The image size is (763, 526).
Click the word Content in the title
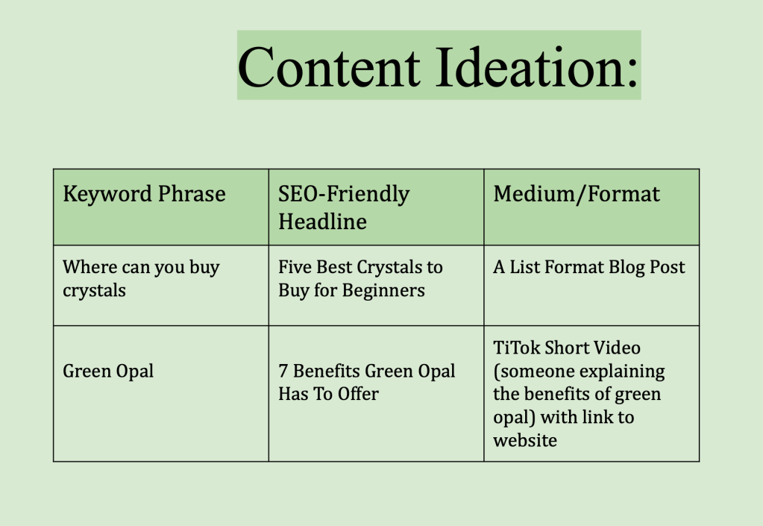[329, 66]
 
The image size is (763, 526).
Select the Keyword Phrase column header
[144, 195]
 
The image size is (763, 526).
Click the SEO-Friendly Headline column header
[344, 207]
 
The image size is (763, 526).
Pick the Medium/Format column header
[577, 195]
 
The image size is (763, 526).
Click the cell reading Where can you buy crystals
[141, 278]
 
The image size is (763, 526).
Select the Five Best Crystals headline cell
[360, 278]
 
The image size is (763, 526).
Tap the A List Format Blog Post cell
[588, 267]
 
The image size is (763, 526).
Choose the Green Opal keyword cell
[108, 371]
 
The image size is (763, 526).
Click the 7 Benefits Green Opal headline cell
[366, 382]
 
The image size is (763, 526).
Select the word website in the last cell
[525, 440]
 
